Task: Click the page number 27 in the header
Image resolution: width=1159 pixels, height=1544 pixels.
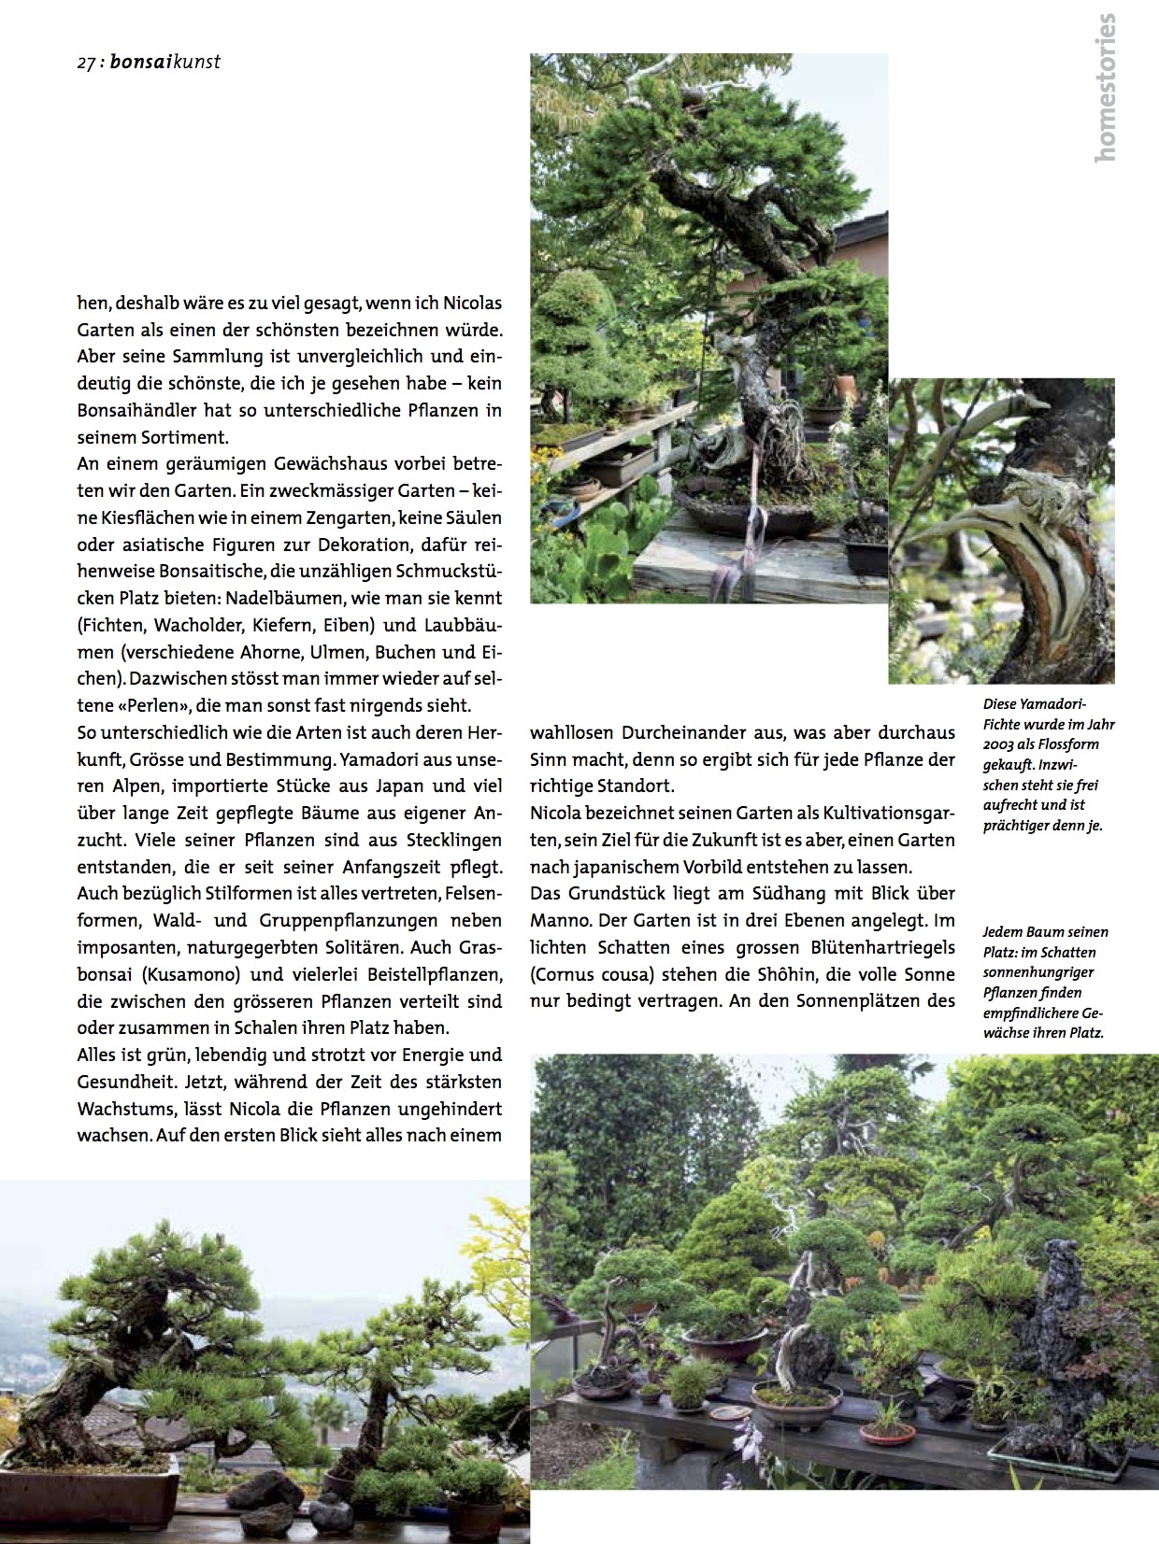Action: coord(86,64)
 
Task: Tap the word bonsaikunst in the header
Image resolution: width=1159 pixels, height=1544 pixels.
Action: coord(165,64)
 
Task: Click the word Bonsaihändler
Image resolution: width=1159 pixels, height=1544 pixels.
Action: coord(136,410)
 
